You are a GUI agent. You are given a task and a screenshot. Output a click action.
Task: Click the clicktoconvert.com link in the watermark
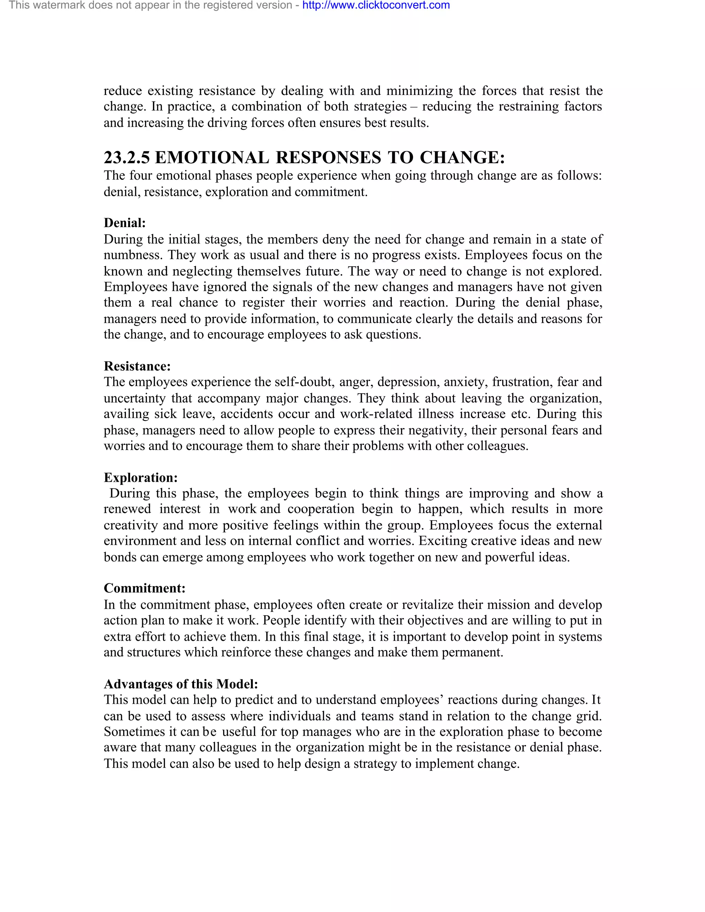tap(376, 6)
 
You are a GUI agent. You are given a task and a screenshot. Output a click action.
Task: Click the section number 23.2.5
tap(127, 158)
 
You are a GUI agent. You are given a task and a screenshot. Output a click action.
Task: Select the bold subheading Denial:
tap(125, 223)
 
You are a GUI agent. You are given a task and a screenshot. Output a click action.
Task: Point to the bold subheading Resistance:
tap(137, 366)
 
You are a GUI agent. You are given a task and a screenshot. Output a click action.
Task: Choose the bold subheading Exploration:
tap(141, 478)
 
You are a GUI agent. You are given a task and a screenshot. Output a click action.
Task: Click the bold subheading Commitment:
tap(145, 588)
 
